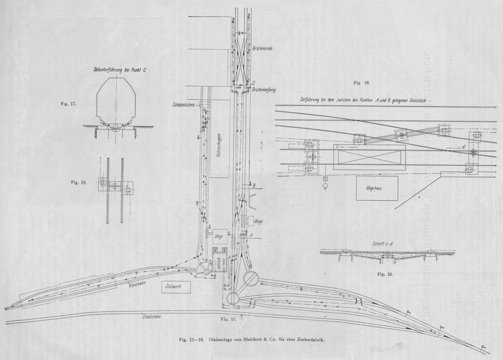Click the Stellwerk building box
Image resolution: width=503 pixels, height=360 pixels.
pyautogui.click(x=173, y=287)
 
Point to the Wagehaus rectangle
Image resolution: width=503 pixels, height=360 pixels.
pyautogui.click(x=374, y=188)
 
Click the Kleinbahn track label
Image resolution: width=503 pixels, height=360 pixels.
pyautogui.click(x=136, y=283)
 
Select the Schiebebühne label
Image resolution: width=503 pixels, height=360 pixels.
pyautogui.click(x=184, y=105)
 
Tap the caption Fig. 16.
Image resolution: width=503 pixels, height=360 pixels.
pyautogui.click(x=362, y=83)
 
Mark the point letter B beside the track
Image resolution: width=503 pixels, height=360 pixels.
pyautogui.click(x=254, y=186)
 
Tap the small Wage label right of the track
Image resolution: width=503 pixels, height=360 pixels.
pyautogui.click(x=258, y=221)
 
